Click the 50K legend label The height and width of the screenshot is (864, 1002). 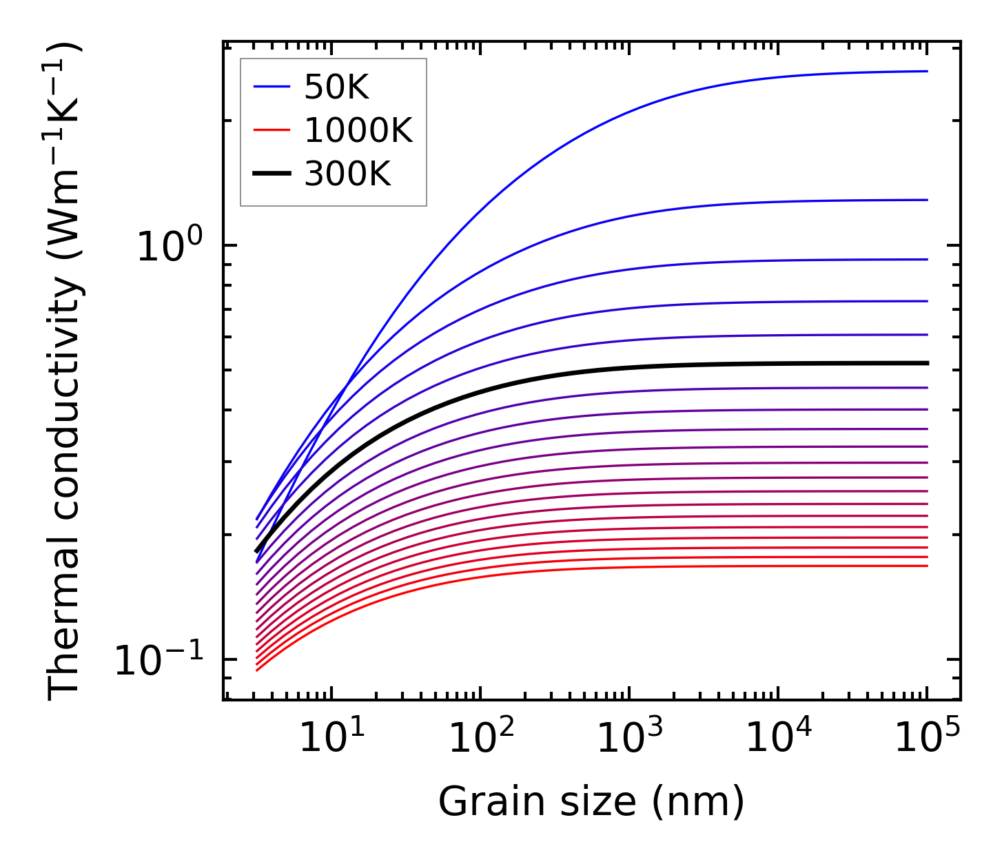point(337,88)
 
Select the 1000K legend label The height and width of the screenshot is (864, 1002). point(358,131)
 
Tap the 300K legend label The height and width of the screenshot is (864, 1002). point(347,175)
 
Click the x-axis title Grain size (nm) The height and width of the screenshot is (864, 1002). point(591,802)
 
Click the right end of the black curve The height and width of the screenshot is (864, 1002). point(926,363)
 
